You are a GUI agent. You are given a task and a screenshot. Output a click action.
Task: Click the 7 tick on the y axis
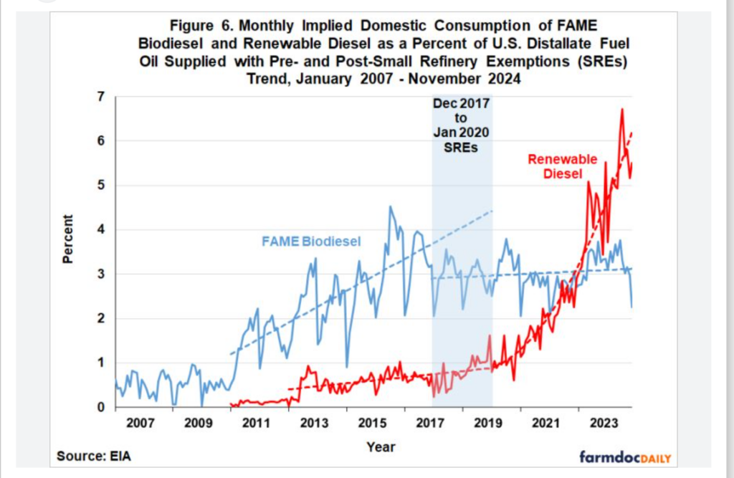[101, 96]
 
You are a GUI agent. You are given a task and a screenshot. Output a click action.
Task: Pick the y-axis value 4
[101, 229]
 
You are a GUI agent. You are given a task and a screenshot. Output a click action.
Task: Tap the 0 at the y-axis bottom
[101, 407]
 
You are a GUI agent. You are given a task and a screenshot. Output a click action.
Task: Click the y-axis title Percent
[68, 240]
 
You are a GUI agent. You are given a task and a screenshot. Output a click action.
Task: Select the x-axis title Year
[381, 446]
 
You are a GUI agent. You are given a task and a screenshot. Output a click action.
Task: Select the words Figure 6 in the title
[199, 26]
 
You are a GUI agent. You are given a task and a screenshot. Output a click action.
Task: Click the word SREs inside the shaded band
[462, 148]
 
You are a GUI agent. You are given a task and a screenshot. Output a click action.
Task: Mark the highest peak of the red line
[622, 109]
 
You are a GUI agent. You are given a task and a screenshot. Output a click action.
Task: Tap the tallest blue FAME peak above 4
[390, 207]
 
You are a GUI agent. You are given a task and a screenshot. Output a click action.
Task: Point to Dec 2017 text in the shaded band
[461, 104]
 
